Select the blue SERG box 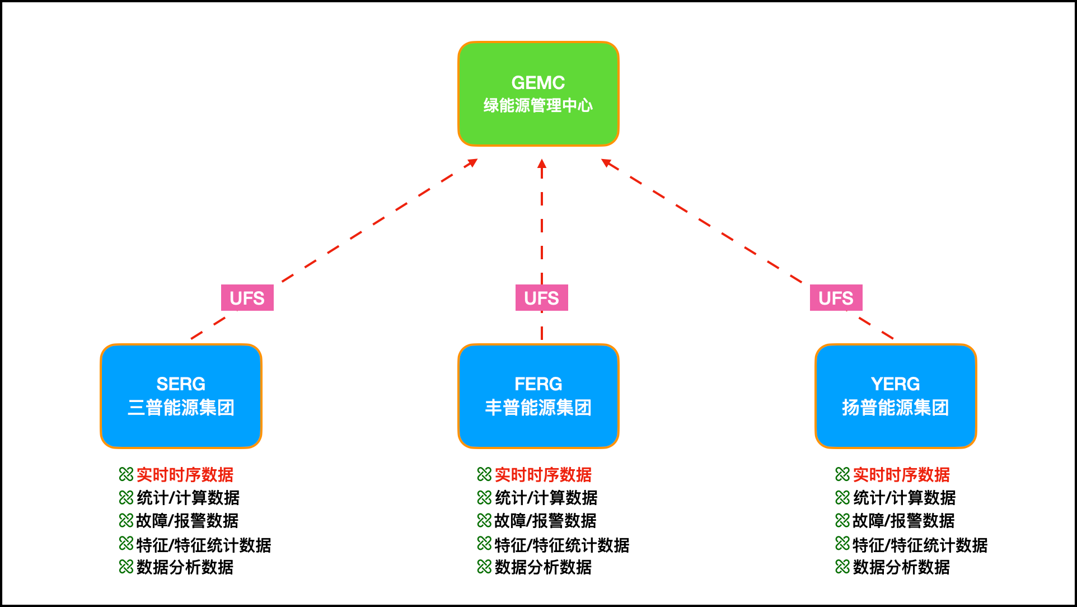click(181, 431)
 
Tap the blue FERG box click(538, 431)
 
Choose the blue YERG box click(895, 431)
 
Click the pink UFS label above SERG click(247, 298)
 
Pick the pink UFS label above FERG click(541, 298)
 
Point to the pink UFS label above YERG click(836, 298)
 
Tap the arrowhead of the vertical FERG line click(541, 164)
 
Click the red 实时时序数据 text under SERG click(185, 475)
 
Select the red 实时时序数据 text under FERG click(543, 475)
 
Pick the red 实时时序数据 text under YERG click(901, 475)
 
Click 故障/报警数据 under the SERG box click(188, 521)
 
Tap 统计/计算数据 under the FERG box click(546, 498)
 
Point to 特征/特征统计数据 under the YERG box click(920, 545)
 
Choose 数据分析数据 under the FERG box click(543, 567)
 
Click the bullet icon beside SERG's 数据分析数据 click(126, 567)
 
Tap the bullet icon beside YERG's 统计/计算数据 click(842, 497)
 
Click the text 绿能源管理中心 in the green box click(538, 105)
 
